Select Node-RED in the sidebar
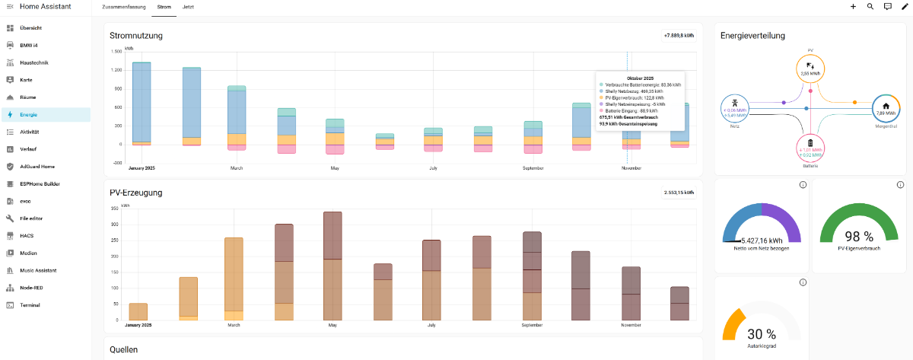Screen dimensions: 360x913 coord(30,288)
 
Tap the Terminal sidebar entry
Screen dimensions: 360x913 coord(30,305)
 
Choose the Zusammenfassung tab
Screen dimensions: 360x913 coord(122,6)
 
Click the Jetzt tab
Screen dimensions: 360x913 coord(188,6)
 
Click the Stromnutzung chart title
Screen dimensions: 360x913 coord(136,35)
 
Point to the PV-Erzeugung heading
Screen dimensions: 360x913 coord(136,193)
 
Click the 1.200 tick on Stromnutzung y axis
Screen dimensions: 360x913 coord(116,70)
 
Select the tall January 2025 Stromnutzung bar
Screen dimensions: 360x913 coord(142,102)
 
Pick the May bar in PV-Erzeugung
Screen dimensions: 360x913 coord(332,266)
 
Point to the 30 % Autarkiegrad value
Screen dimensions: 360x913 coord(761,333)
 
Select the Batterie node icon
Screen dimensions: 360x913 coord(810,142)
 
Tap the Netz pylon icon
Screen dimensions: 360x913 coord(734,102)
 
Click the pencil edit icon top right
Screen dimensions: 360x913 coord(905,6)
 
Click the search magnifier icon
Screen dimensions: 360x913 coord(870,6)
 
